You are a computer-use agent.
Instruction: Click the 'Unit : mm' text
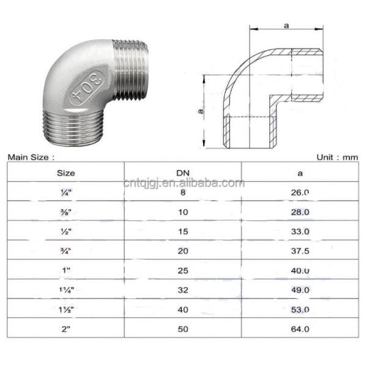336,157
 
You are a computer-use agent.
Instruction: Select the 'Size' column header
65,172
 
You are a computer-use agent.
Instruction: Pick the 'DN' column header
183,172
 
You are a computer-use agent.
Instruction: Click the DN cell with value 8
183,192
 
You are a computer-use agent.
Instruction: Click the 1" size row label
65,270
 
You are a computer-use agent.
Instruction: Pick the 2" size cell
65,328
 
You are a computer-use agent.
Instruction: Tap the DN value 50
183,328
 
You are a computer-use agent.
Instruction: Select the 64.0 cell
300,328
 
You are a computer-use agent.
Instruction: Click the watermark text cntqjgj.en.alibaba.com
183,183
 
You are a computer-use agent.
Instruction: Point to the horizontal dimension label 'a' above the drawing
287,26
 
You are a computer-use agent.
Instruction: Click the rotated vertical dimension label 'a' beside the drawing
201,111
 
